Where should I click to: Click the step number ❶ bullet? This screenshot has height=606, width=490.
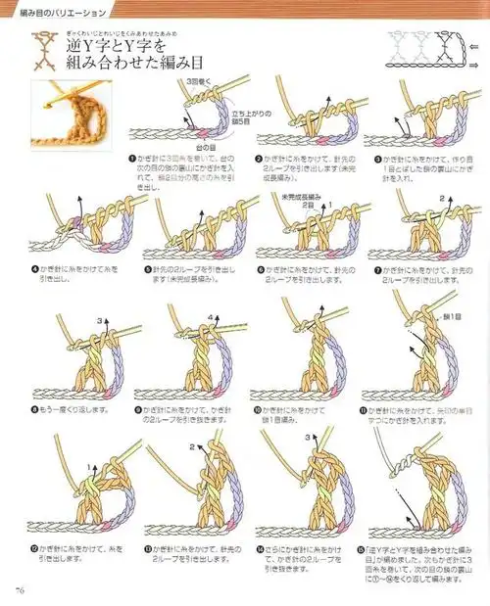[131, 158]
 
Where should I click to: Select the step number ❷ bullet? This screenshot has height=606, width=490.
[259, 158]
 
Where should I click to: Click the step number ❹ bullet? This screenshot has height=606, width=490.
[33, 266]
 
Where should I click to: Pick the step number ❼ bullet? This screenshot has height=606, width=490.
[377, 266]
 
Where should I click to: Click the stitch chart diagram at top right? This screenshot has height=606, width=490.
[421, 49]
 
